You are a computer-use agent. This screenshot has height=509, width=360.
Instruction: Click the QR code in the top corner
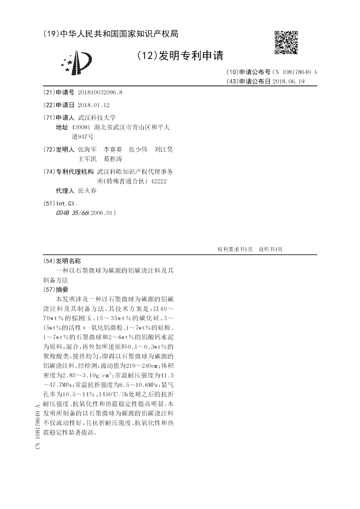coord(286,42)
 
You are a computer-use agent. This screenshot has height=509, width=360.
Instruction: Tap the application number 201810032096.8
coord(100,93)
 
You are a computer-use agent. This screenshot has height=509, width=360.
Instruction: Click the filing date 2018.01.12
coord(94,105)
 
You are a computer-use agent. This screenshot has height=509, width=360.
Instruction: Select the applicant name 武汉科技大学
coord(97,117)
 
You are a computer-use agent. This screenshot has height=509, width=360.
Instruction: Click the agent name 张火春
coord(87,191)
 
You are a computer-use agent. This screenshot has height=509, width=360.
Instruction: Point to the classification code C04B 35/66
coord(72,213)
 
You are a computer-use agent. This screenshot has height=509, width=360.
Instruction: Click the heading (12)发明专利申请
coord(180,55)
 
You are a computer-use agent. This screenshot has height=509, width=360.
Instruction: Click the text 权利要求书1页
coord(235,249)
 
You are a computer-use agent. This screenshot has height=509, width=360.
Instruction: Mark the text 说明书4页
coord(270,249)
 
